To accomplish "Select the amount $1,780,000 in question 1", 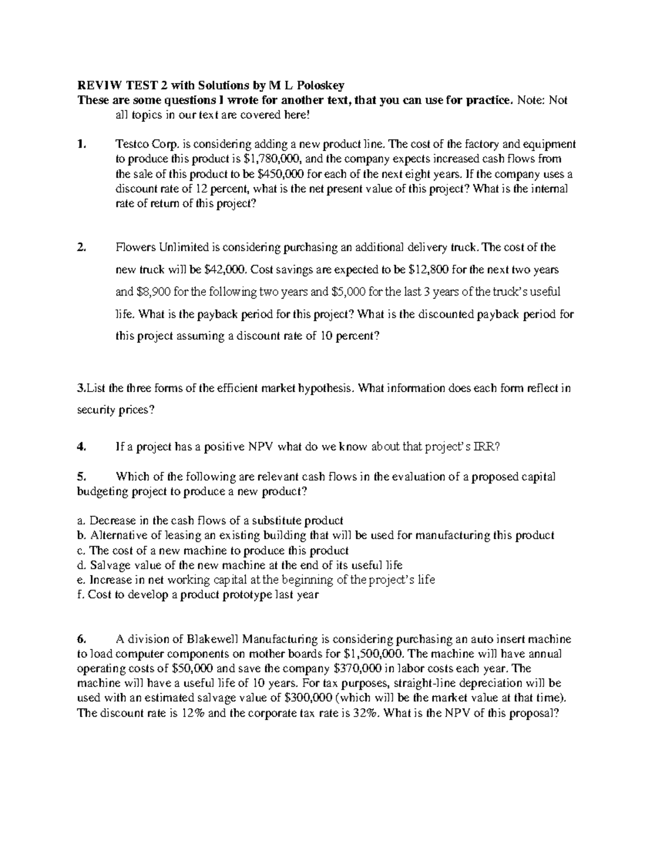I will pyautogui.click(x=270, y=159).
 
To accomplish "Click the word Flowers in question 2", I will pyautogui.click(x=135, y=248).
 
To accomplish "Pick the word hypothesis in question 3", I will pyautogui.click(x=326, y=388).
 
